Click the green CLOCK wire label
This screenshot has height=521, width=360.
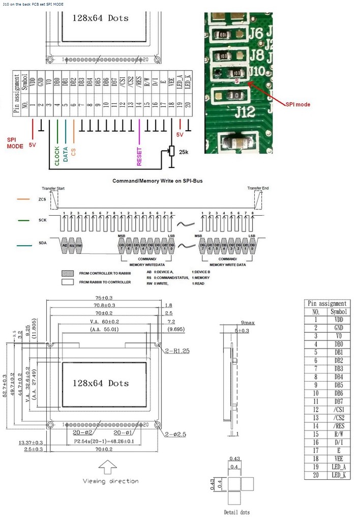coord(56,156)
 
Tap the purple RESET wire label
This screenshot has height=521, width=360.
coord(139,156)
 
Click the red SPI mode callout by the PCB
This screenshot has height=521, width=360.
coord(297,104)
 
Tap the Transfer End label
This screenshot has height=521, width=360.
coord(258,189)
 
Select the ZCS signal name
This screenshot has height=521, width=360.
coord(43,200)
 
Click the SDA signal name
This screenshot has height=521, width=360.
coord(43,244)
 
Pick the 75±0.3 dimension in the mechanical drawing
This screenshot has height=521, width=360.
coord(107,298)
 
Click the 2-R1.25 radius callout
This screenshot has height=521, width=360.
coord(177,352)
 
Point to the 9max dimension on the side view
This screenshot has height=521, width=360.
coord(248,323)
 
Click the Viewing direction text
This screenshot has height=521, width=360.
coord(111,480)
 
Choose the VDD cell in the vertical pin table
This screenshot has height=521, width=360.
coord(339,320)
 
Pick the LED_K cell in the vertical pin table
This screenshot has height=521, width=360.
coord(339,475)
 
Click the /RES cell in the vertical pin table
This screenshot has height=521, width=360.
coord(339,426)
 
